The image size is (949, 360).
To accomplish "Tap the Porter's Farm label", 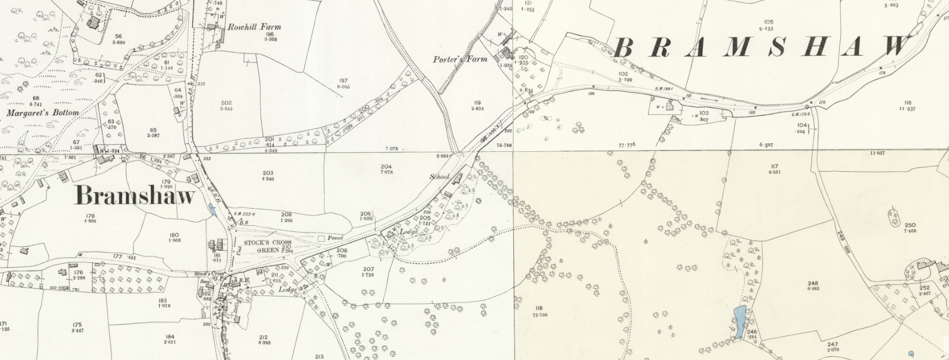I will pyautogui.click(x=460, y=59).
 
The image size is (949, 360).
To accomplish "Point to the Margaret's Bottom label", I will pyautogui.click(x=43, y=113).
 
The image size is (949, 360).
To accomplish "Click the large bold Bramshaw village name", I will pyautogui.click(x=135, y=195).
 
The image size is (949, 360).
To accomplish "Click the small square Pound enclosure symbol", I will pyautogui.click(x=321, y=238).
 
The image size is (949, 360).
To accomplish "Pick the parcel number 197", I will pyautogui.click(x=343, y=81).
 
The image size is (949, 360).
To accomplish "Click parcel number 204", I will pyautogui.click(x=386, y=166).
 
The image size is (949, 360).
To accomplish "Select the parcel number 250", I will pyautogui.click(x=910, y=225).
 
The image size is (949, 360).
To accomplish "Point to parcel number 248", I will pyautogui.click(x=812, y=283).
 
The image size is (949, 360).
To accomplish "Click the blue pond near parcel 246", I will pyautogui.click(x=738, y=322).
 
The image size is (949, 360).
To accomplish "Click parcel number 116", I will pyautogui.click(x=908, y=103).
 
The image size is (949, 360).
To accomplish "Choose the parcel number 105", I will pyautogui.click(x=769, y=23).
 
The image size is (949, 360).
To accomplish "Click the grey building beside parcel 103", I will pyautogui.click(x=670, y=106).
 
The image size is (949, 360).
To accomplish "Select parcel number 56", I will pyautogui.click(x=118, y=36).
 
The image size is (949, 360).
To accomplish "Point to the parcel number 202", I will pyautogui.click(x=226, y=103).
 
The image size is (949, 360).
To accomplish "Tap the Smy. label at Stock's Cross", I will pyautogui.click(x=204, y=282).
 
